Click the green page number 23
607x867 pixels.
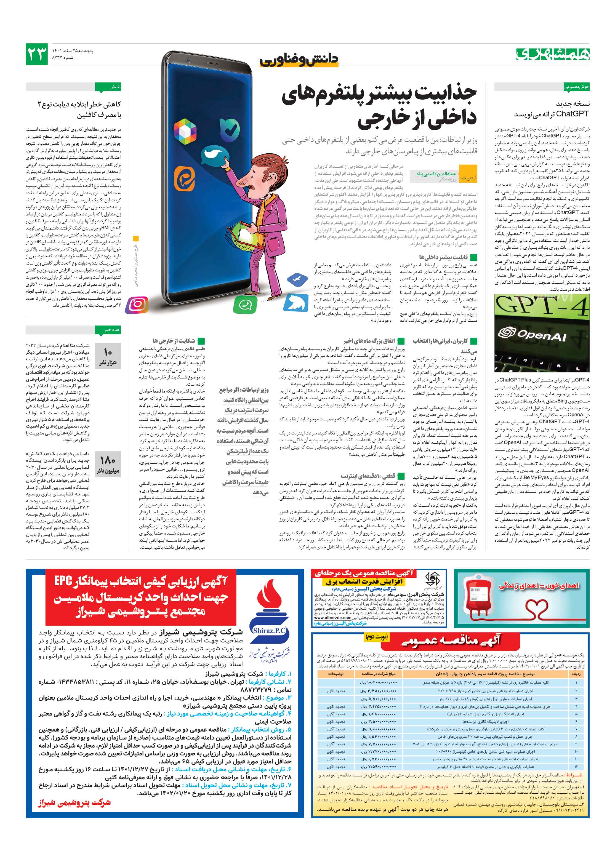(37, 54)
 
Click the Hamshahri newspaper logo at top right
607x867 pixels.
(552, 54)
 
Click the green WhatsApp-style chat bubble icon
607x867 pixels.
(245, 304)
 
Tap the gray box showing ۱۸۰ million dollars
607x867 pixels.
(108, 465)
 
